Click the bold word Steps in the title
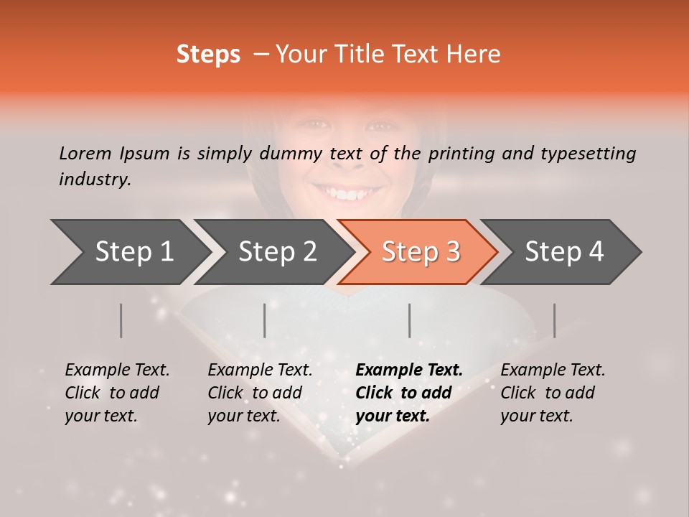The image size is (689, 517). [x=208, y=55]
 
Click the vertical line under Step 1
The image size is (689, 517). [x=121, y=320]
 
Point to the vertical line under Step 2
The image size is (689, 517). [x=265, y=320]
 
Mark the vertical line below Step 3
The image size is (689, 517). [x=410, y=320]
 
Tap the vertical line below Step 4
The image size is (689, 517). [x=555, y=320]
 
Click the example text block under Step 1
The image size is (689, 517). [x=117, y=393]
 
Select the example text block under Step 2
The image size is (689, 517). [x=260, y=393]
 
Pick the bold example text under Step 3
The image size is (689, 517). [x=409, y=393]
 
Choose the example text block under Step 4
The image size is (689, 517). [x=553, y=393]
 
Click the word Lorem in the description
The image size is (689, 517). [x=85, y=153]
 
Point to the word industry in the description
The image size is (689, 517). [x=95, y=180]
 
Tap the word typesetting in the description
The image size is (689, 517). [x=594, y=154]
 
